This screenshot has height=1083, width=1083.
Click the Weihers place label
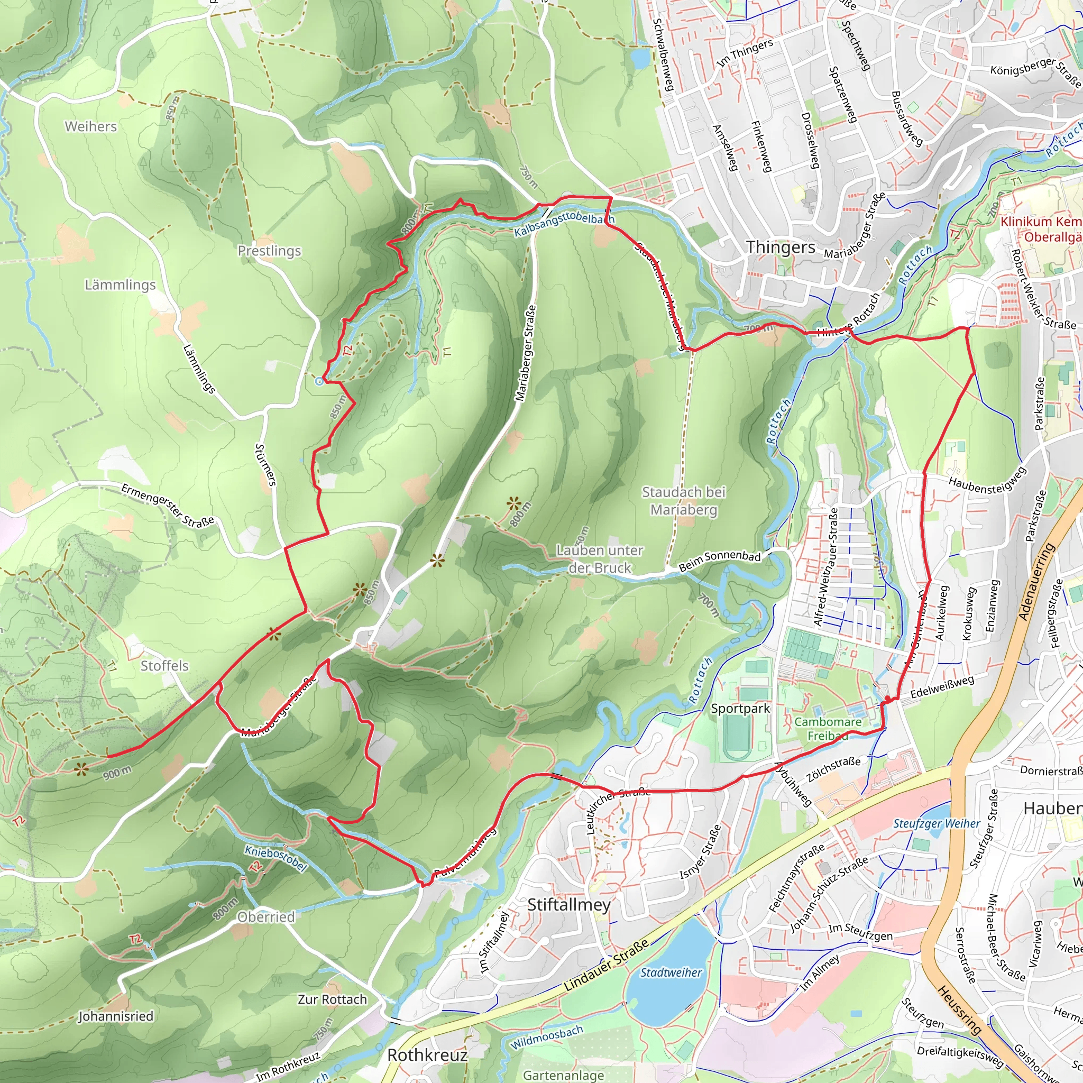pos(91,127)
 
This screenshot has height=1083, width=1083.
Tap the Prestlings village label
pos(269,251)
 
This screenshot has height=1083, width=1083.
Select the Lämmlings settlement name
pos(120,285)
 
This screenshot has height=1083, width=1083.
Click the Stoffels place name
pos(164,666)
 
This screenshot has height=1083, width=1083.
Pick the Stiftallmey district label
pos(569,905)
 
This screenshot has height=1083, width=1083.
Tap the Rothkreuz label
pos(427,1055)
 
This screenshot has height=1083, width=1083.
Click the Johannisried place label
pos(115,1016)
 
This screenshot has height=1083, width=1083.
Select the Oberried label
pos(265,917)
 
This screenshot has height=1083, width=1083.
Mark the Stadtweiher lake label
pos(671,973)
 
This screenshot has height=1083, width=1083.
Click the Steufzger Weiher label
pos(936,824)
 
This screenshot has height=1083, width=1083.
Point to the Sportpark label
pos(740,709)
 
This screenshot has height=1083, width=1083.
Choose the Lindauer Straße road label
pos(607,965)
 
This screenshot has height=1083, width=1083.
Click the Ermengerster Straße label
pos(168,505)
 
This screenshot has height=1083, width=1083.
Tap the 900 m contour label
pos(117,773)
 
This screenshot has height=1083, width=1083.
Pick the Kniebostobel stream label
pos(276,859)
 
